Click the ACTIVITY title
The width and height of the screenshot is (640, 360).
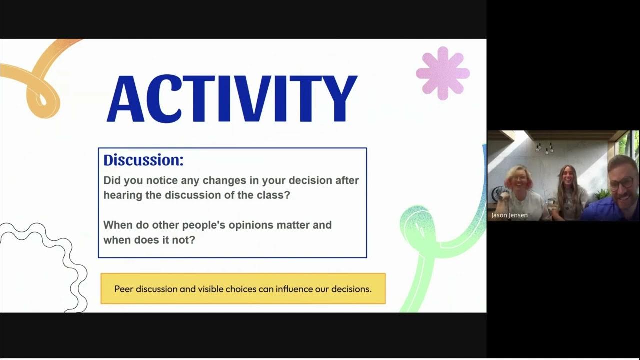click(x=232, y=99)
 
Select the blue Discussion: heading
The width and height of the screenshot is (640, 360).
click(x=143, y=160)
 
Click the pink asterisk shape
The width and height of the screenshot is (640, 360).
click(x=443, y=73)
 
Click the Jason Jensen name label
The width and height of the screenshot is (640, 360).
click(x=509, y=215)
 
